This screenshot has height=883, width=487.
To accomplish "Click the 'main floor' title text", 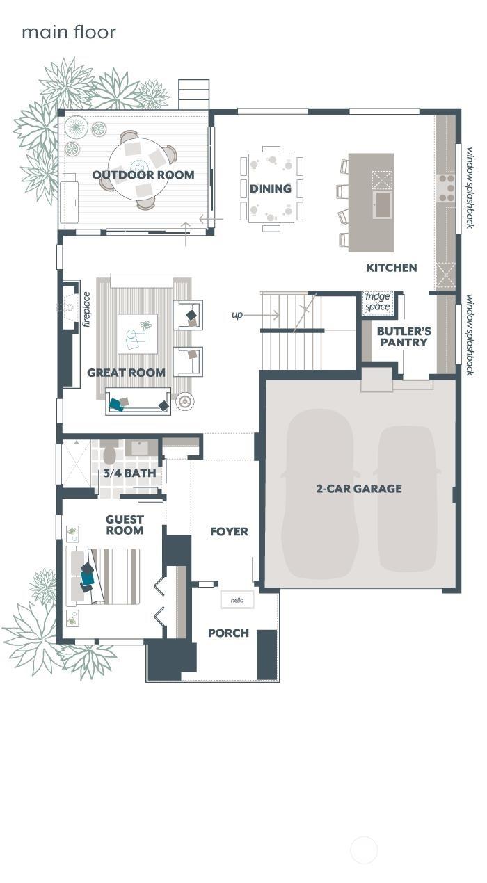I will [68, 32].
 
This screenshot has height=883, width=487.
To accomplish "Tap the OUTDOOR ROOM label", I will [143, 175].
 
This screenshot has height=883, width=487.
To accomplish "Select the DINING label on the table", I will [271, 188].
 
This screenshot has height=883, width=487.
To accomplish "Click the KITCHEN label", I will [392, 268].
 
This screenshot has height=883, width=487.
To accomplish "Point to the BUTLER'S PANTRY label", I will [404, 337].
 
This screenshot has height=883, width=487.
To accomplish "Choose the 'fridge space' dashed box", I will [378, 302].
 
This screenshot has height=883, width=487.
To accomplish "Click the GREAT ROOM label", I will [126, 373].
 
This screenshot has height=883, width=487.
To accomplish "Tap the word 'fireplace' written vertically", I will [86, 309].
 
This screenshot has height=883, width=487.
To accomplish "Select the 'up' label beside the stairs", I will [237, 315].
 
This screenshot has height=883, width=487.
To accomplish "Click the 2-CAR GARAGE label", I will [359, 489].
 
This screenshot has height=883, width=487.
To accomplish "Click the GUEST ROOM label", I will [125, 525].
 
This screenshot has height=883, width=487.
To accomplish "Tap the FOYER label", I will [229, 532].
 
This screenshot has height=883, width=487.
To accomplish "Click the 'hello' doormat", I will [237, 599].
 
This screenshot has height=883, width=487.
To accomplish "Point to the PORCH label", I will [228, 633].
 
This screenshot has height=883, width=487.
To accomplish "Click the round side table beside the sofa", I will [184, 401].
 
